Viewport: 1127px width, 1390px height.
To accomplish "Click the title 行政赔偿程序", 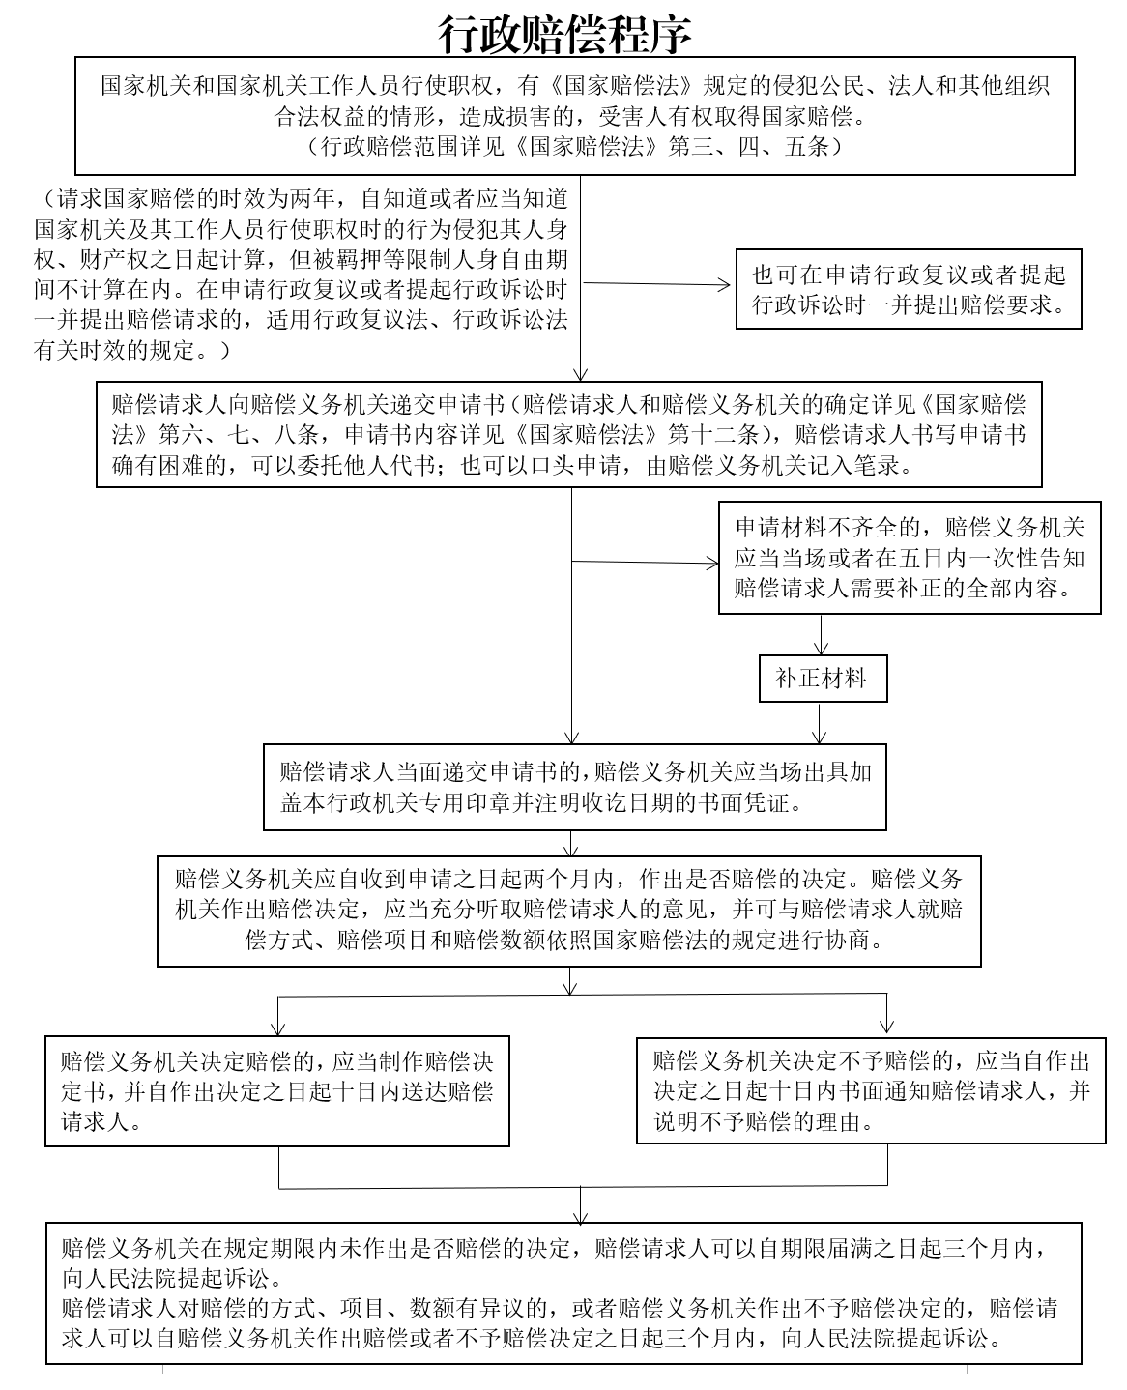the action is tap(564, 34).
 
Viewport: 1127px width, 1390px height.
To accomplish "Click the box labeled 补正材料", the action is tap(823, 678).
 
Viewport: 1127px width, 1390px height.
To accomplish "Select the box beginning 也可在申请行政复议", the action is tap(909, 288).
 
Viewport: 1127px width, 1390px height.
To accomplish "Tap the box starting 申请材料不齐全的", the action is tap(910, 558).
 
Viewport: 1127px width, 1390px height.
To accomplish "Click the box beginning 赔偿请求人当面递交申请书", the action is tap(574, 787).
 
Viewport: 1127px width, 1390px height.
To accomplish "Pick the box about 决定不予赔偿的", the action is tap(871, 1090).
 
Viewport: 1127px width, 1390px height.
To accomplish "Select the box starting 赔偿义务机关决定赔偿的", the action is tap(276, 1091).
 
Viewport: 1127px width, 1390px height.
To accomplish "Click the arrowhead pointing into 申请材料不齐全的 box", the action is tap(713, 564).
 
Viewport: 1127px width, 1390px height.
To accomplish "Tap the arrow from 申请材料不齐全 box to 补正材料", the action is tap(821, 634).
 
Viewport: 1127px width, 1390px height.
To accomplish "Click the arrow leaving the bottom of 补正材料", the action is tap(819, 723).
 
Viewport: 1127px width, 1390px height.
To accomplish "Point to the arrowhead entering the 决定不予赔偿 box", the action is tap(886, 1027).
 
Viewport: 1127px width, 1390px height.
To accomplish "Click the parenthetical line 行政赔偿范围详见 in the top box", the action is tap(574, 146).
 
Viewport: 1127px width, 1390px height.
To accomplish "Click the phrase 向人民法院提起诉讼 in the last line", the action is tap(891, 1339).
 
